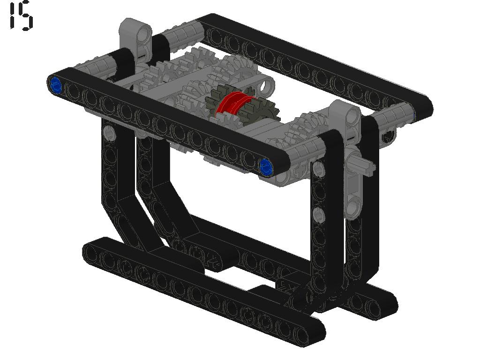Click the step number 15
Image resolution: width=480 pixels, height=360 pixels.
[21, 15]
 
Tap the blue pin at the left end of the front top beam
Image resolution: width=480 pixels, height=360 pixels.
[55, 85]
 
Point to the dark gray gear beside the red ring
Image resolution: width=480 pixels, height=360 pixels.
[242, 105]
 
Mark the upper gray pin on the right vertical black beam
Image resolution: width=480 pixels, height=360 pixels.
[318, 169]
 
